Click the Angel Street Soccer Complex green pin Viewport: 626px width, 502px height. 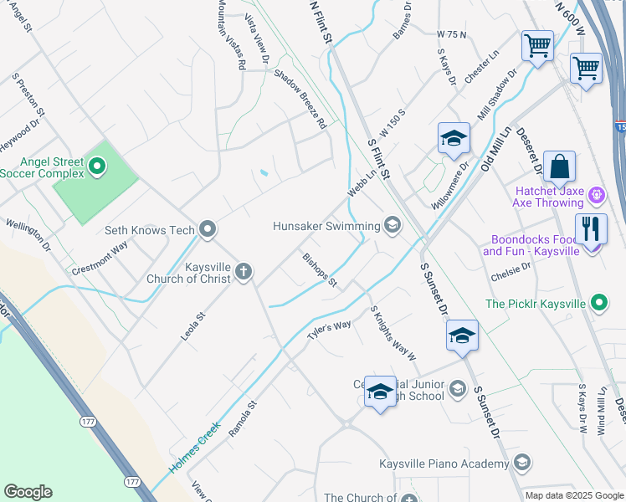[97, 167]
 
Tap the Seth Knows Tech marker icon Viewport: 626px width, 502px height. [208, 229]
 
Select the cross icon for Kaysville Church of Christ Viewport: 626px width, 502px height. [244, 271]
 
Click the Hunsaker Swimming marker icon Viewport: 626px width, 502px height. [392, 224]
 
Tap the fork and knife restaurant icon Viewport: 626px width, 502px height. [591, 229]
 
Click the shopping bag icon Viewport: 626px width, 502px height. [558, 167]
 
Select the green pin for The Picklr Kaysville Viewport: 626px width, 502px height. [599, 304]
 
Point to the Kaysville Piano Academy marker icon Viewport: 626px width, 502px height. [522, 464]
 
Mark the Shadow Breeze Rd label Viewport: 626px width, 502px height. [299, 98]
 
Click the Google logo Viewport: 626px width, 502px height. [28, 492]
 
